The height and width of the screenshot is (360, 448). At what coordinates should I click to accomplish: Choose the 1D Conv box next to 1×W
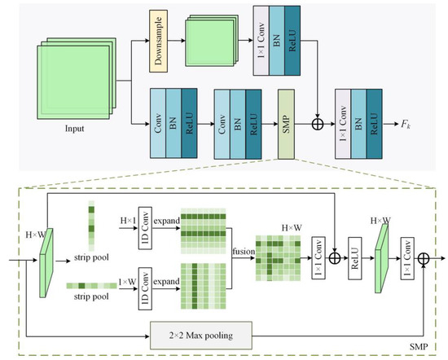coord(145,290)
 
